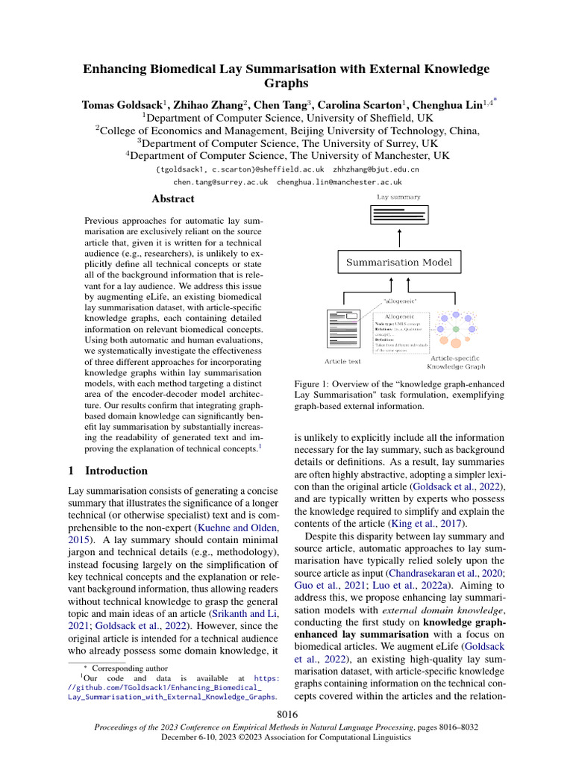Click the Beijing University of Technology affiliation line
click(x=286, y=130)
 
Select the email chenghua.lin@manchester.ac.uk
click(x=339, y=181)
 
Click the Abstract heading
click(x=172, y=199)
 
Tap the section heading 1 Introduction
click(x=108, y=471)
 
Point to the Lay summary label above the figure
click(x=398, y=197)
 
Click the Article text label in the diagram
click(x=342, y=361)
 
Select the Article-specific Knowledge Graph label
click(x=456, y=363)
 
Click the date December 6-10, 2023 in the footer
click(x=202, y=736)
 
